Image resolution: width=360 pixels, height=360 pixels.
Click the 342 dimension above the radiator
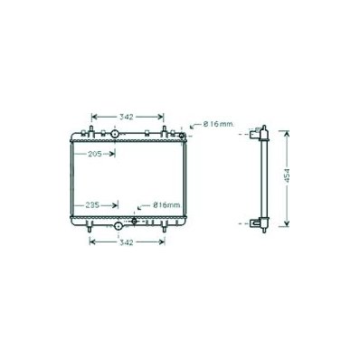pos(126,117)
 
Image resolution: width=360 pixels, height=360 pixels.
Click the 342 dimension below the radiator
pos(126,242)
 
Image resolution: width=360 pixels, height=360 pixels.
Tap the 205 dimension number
pos(95,154)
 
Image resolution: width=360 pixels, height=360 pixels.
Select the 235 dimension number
pos(92,205)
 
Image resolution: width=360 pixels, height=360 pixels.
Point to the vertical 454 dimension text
pos(287,175)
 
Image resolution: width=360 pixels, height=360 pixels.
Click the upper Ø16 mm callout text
pos(219,124)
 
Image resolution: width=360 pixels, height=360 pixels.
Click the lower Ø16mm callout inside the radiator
pos(166,205)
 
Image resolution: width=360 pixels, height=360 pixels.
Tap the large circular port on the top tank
pos(115,134)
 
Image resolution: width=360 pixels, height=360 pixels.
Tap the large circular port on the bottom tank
pos(118,225)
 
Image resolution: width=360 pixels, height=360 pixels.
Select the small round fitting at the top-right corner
pos(182,136)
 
